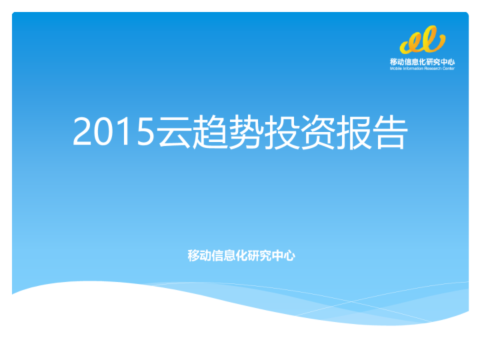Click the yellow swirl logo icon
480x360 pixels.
[x=423, y=41]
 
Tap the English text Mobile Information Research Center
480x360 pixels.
[x=423, y=68]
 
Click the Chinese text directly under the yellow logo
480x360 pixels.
[x=423, y=61]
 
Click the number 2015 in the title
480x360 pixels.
[x=114, y=132]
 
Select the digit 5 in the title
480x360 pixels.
[x=145, y=132]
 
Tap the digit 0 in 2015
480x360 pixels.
[x=103, y=132]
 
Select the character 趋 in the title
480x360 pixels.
[x=211, y=132]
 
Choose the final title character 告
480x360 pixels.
[x=391, y=132]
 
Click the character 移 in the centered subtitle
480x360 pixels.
[x=193, y=255]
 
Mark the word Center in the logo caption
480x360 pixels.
[x=448, y=68]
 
